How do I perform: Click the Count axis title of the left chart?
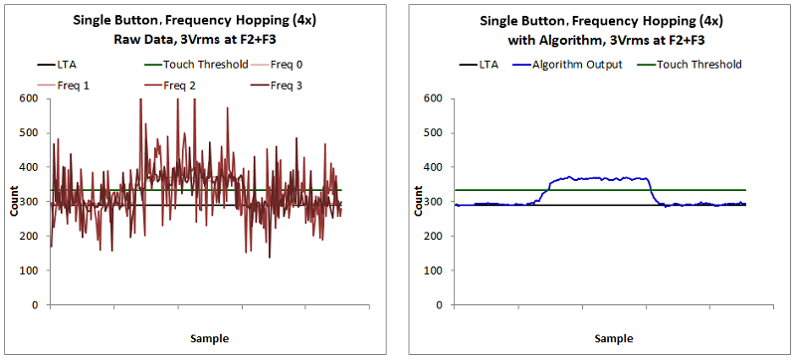click(x=15, y=201)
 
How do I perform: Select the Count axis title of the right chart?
click(x=420, y=201)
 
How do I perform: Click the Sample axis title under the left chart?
click(x=195, y=338)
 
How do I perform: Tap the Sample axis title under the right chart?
click(x=600, y=338)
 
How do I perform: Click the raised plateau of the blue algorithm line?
click(x=597, y=178)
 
